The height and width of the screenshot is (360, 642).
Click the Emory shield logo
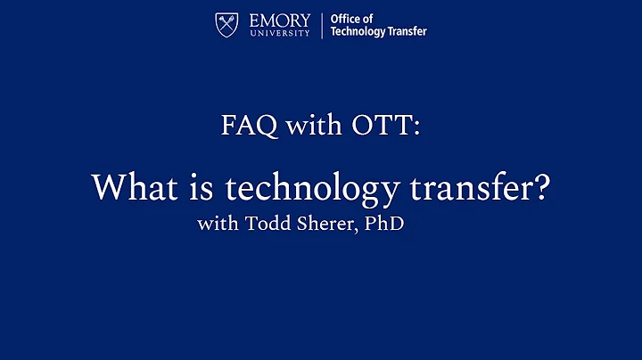227,25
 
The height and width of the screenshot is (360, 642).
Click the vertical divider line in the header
321,25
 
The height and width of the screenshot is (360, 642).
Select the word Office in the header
344,19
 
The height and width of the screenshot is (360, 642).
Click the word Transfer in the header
407,32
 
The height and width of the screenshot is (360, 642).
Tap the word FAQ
245,126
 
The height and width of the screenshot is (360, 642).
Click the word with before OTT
304,126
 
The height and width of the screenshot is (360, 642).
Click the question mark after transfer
538,187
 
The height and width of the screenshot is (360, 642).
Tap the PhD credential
384,223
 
